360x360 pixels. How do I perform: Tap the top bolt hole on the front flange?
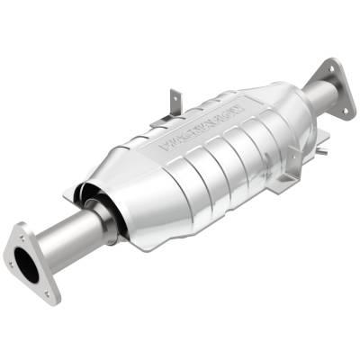point(21,231)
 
